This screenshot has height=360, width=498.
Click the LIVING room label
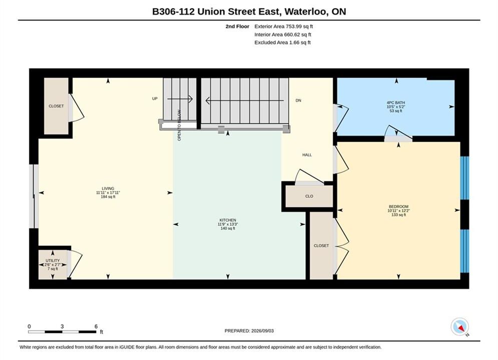click(108, 188)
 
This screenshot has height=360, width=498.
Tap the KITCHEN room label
click(228, 220)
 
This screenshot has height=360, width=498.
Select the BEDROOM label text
click(398, 206)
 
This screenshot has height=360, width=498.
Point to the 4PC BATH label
click(396, 103)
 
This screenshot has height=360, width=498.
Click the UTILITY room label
click(53, 260)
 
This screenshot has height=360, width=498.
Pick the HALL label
click(307, 155)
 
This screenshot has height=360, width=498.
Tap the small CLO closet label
click(309, 196)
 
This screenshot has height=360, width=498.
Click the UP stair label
click(155, 98)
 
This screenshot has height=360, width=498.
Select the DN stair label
click(298, 100)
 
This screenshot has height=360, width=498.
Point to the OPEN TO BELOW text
click(179, 125)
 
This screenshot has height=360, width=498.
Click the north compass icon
click(460, 326)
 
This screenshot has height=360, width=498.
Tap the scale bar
click(62, 332)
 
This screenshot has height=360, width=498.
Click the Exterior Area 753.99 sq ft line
click(284, 26)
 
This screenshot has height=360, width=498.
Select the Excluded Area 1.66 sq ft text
click(282, 42)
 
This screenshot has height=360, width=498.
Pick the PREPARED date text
click(249, 330)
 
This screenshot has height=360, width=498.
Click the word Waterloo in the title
click(306, 11)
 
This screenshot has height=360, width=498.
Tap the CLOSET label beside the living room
click(56, 106)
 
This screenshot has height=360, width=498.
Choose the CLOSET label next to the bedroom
click(321, 245)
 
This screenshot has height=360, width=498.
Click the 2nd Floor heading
click(237, 26)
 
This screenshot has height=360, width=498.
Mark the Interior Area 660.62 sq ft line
click(283, 34)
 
